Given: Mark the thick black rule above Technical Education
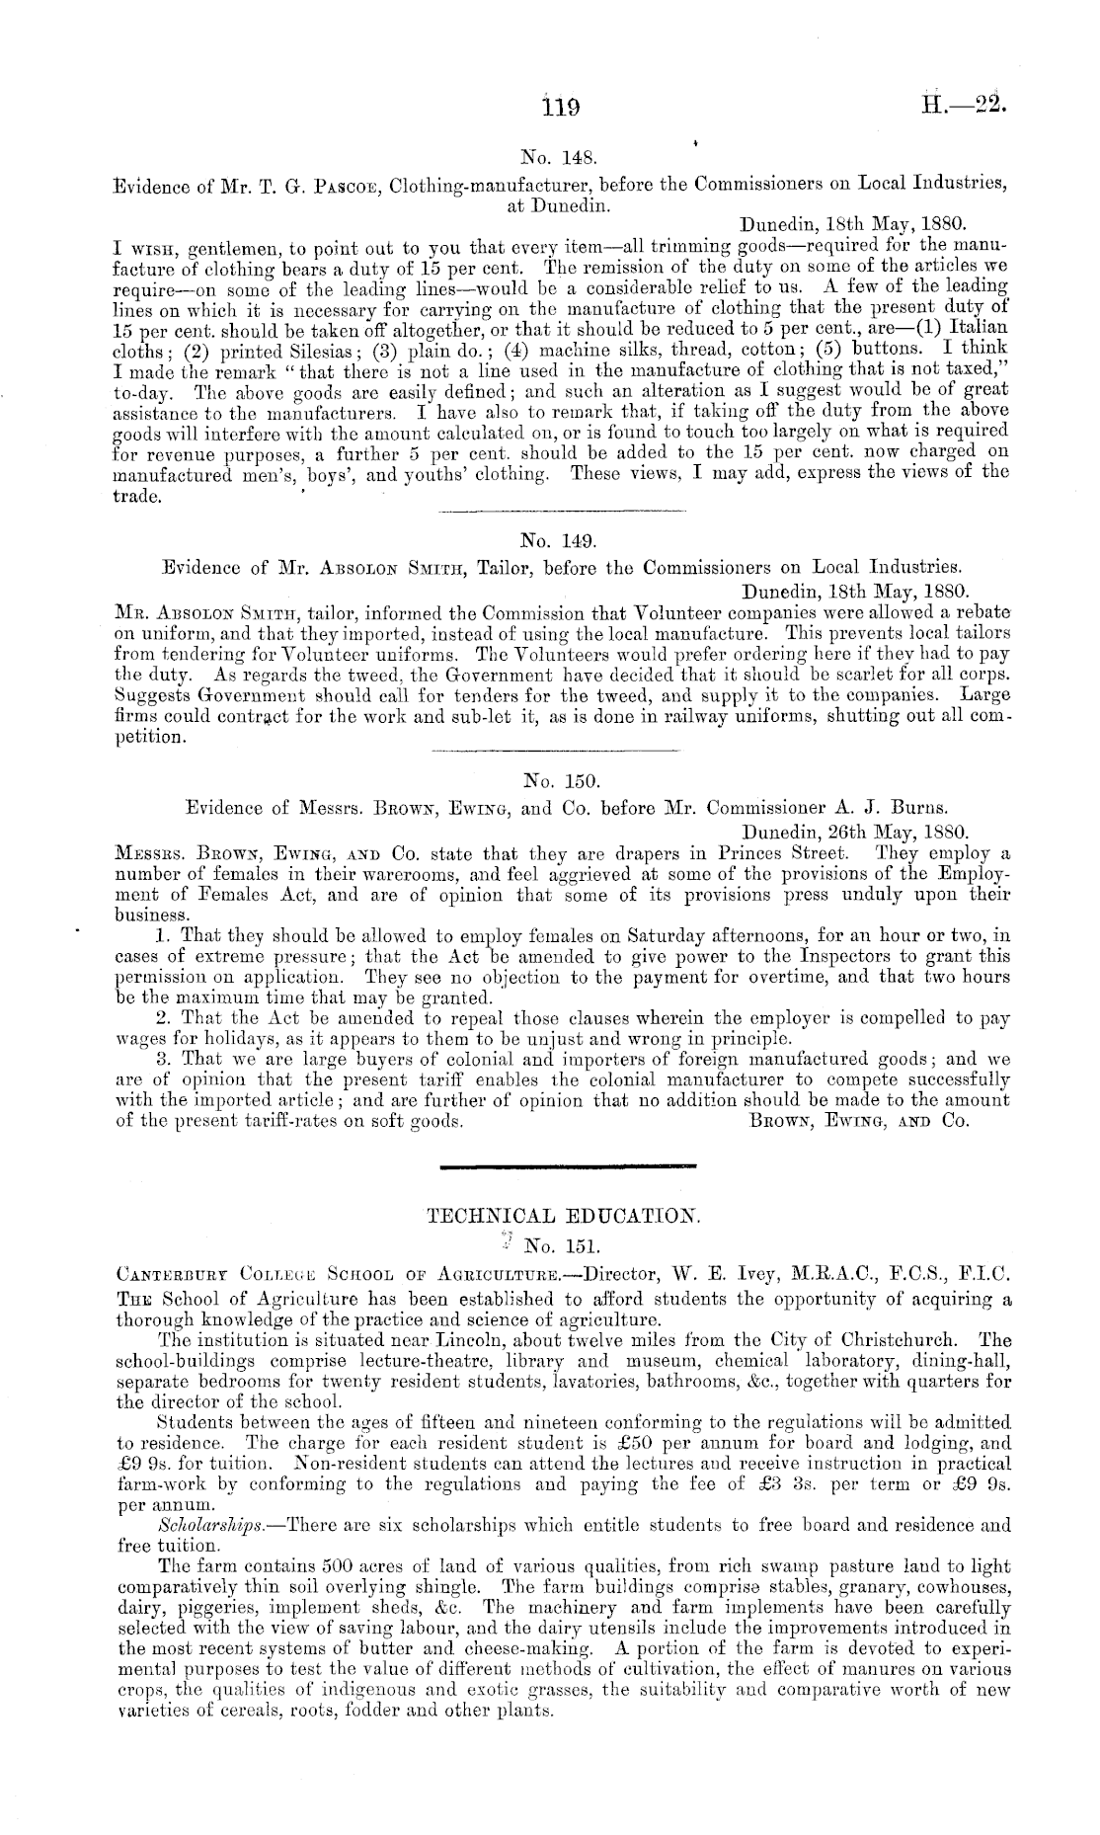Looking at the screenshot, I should (x=567, y=1166).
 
